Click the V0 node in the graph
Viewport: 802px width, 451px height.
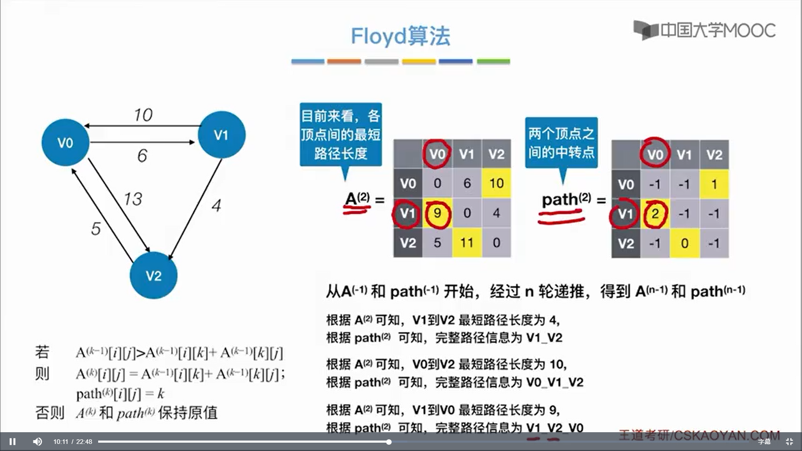pyautogui.click(x=65, y=142)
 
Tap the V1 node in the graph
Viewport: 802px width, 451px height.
pyautogui.click(x=221, y=134)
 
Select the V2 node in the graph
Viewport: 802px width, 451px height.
pyautogui.click(x=153, y=275)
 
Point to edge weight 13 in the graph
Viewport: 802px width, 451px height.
pyautogui.click(x=133, y=199)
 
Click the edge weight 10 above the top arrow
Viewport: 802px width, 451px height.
pyautogui.click(x=143, y=115)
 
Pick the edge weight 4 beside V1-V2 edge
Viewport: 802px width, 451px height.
pyautogui.click(x=216, y=205)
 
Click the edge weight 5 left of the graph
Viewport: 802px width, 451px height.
pyautogui.click(x=96, y=228)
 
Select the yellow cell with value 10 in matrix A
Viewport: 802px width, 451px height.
pyautogui.click(x=496, y=183)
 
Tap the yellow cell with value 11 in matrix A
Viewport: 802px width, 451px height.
pyautogui.click(x=467, y=243)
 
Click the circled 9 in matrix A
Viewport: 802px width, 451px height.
pyautogui.click(x=437, y=213)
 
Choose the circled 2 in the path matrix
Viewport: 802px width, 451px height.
pyautogui.click(x=655, y=214)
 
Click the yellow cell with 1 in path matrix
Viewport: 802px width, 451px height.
pyautogui.click(x=714, y=184)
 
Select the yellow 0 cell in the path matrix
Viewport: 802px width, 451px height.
pyautogui.click(x=685, y=243)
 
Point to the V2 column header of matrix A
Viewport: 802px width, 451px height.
pyautogui.click(x=496, y=154)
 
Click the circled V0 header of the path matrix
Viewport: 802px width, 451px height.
pyautogui.click(x=655, y=155)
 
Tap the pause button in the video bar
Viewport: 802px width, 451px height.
pyautogui.click(x=13, y=441)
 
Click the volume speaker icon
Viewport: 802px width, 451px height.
pyautogui.click(x=38, y=441)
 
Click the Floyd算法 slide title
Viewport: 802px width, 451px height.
pyautogui.click(x=400, y=36)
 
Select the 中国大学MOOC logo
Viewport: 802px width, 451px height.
pyautogui.click(x=704, y=30)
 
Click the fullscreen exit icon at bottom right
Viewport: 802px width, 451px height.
pyautogui.click(x=789, y=441)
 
